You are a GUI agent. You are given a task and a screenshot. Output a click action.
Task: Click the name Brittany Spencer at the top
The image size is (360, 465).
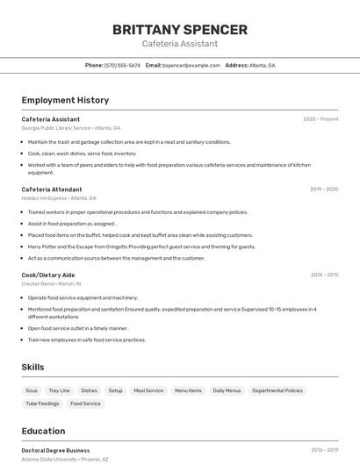coord(180,30)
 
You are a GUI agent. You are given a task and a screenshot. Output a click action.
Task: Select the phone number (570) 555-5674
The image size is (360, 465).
coord(122,65)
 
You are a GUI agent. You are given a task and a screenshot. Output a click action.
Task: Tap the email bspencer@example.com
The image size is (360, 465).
coord(191,65)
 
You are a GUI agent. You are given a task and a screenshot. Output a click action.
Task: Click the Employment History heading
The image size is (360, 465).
coord(65,100)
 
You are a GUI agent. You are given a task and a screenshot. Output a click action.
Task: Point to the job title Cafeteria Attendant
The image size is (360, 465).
coord(52,190)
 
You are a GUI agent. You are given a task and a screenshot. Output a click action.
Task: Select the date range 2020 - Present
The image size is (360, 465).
coord(320,119)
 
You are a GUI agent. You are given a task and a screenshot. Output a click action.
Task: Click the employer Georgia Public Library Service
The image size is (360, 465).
coord(56,128)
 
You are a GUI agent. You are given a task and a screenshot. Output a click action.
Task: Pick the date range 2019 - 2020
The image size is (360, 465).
coord(324,190)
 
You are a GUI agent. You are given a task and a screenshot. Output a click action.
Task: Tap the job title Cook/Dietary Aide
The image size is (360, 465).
coord(48,275)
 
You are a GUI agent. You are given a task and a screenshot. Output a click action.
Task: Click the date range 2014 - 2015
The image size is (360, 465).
coord(324,275)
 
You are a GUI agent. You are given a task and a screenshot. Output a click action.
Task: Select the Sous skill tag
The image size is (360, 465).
coord(32,390)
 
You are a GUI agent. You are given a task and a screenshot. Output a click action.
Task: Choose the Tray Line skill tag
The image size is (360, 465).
coord(59,390)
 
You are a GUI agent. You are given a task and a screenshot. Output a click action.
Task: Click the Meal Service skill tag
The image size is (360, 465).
coord(148,390)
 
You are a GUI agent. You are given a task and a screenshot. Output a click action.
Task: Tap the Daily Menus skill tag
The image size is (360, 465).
coord(227,390)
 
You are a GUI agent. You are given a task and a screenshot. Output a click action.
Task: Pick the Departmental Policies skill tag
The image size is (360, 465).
coord(277,390)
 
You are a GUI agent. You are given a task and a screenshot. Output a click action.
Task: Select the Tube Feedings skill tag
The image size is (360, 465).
coord(42,404)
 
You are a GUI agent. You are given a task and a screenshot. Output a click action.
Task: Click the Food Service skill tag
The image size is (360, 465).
coord(86,404)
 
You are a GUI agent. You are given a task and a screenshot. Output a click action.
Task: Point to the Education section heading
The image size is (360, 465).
coord(43,431)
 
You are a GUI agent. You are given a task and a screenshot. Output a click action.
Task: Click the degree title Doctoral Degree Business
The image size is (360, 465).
coord(55,450)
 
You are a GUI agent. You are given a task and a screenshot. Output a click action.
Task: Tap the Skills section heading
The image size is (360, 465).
coord(32,367)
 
